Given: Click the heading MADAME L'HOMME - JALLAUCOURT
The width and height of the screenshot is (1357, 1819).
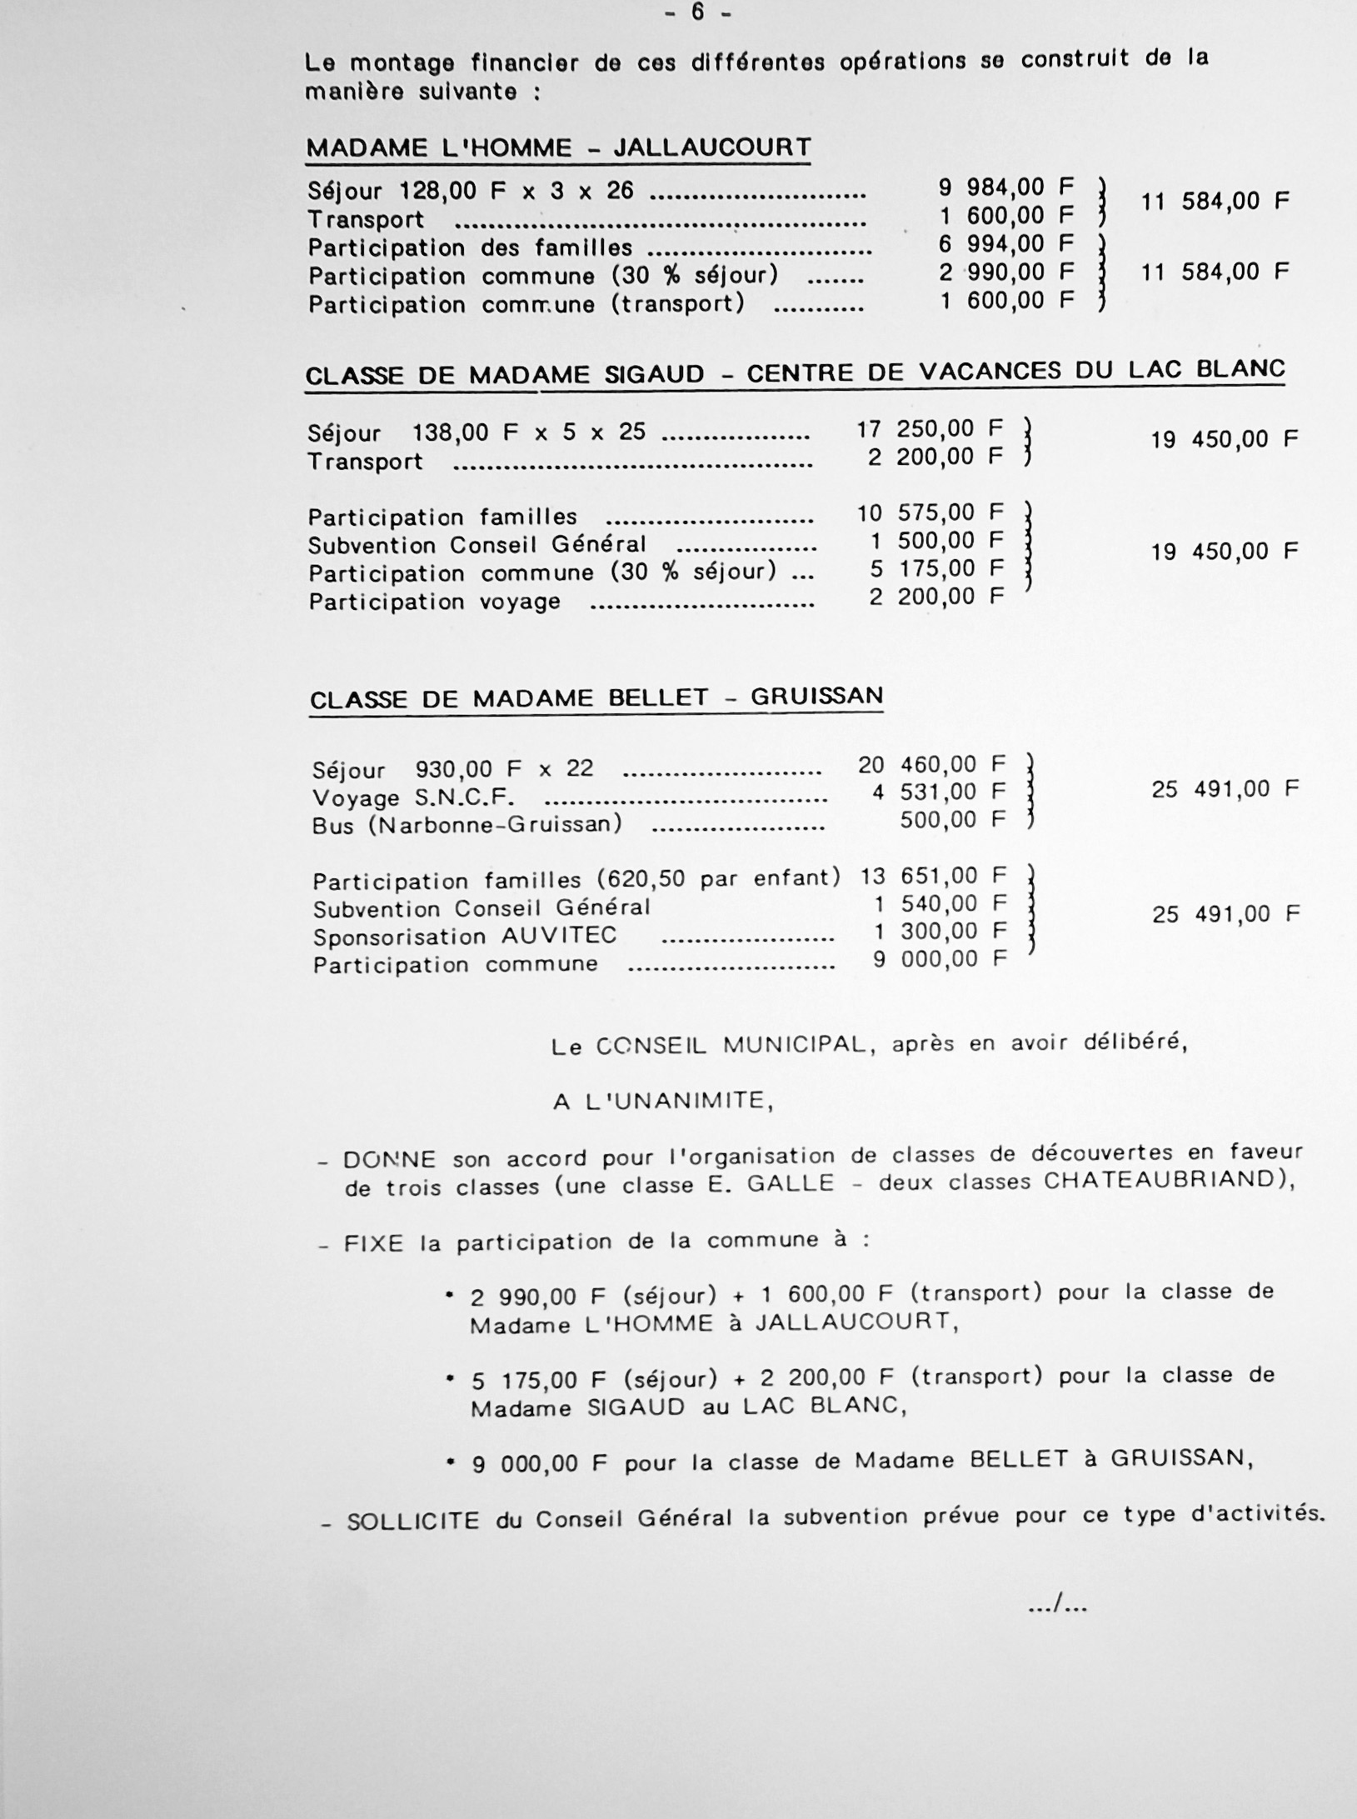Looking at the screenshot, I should (558, 148).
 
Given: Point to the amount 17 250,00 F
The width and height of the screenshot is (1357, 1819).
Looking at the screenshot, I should (930, 429).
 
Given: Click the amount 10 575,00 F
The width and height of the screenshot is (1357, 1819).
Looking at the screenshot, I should (930, 512).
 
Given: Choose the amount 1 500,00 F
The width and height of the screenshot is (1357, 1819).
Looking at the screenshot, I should (936, 541).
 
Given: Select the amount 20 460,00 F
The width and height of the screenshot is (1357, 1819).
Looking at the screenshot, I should (932, 764).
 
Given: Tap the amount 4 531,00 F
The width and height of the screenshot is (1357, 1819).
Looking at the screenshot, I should (939, 792).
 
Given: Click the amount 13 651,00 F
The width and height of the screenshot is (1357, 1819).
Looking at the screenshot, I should (933, 876).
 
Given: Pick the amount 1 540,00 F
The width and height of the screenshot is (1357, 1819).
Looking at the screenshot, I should (940, 904).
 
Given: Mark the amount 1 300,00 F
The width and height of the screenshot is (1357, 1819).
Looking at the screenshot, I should (940, 932).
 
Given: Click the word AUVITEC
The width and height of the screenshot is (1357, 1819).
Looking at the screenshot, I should (559, 936).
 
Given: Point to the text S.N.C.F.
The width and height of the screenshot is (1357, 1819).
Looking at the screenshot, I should (465, 797).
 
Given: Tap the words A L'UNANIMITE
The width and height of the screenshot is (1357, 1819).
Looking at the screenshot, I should (663, 1102).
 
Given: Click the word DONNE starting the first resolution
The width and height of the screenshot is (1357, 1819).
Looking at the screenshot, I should (389, 1160).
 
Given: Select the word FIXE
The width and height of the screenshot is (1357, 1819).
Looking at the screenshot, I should (373, 1245).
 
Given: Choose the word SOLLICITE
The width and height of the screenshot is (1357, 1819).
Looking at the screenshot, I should (413, 1522).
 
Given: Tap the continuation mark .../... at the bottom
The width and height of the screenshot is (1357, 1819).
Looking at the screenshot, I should (1058, 1602).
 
